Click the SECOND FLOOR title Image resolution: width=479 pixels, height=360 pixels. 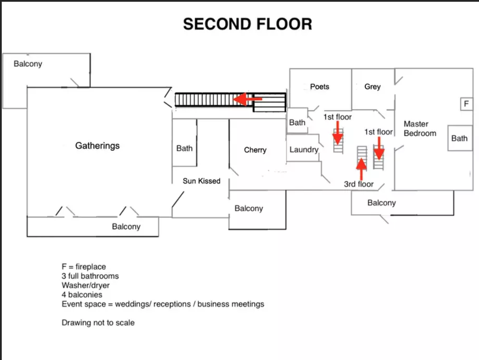(247, 24)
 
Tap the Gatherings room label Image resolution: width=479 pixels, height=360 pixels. (98, 146)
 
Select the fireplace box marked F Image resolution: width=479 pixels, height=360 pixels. (466, 104)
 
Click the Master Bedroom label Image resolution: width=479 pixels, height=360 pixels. (420, 128)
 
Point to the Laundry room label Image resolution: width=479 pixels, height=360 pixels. (304, 150)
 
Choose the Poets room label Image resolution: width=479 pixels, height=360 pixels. (320, 86)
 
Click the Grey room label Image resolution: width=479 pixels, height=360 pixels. (372, 86)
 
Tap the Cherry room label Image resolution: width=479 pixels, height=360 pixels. (255, 150)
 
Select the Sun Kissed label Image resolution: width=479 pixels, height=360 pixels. (201, 181)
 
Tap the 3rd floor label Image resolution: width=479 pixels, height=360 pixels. (359, 184)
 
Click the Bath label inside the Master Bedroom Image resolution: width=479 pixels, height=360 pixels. (459, 138)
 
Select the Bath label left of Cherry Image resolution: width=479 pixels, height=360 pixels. (184, 148)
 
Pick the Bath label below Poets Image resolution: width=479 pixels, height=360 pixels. (297, 122)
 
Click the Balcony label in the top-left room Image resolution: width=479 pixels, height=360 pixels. (28, 64)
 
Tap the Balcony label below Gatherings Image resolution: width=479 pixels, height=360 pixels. (126, 227)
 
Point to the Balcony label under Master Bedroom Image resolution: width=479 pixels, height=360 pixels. (381, 203)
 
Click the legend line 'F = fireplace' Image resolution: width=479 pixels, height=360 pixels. (84, 267)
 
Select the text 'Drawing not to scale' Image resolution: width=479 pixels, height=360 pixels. (98, 323)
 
